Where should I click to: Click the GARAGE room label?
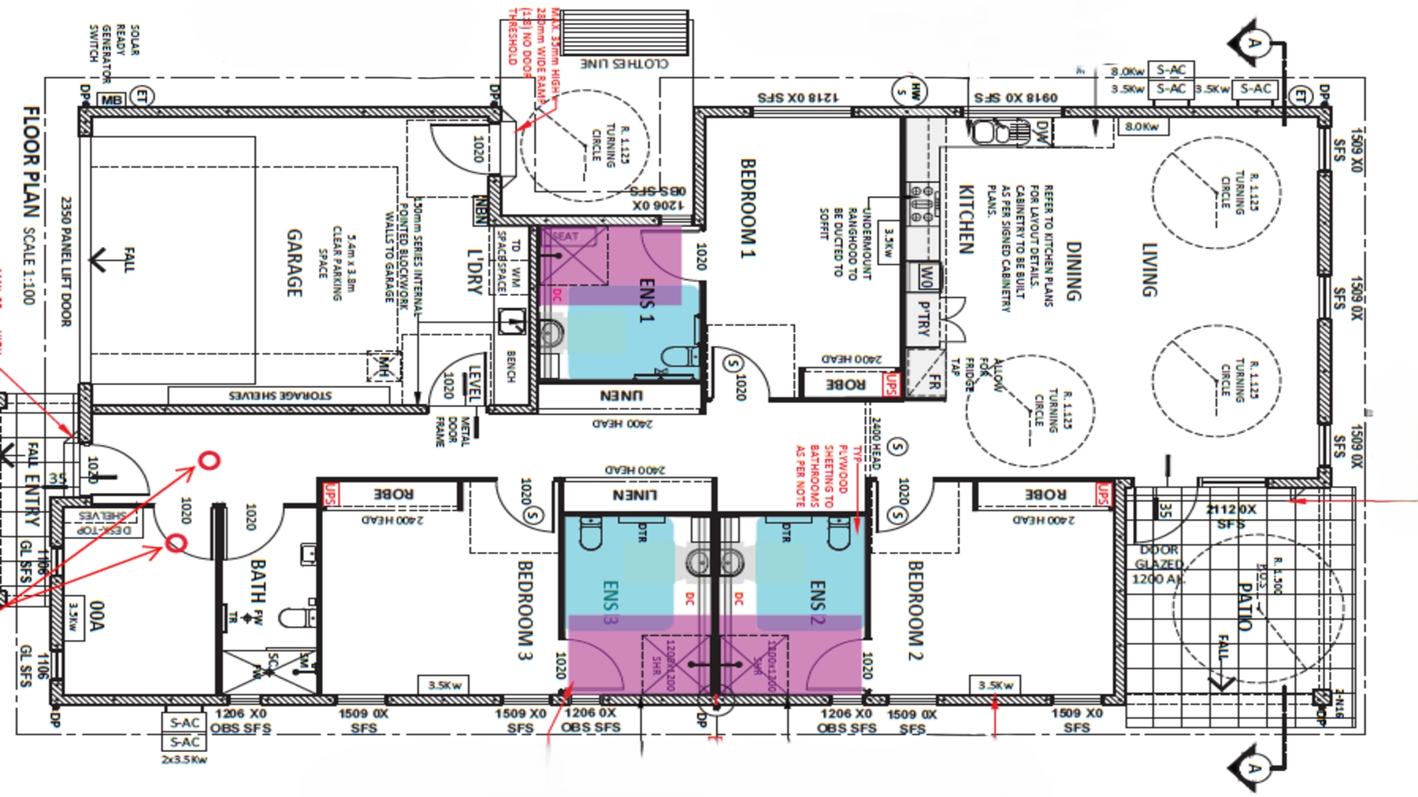point(294,263)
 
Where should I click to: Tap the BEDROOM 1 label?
point(748,209)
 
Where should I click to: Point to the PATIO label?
point(1245,606)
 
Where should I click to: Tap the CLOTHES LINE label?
point(624,63)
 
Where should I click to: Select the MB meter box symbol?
point(111,100)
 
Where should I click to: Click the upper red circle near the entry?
point(209,461)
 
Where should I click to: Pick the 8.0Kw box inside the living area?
point(1141,126)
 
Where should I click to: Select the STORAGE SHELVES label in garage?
point(280,395)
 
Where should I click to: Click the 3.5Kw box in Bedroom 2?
point(995,685)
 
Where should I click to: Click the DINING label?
point(1072,271)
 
